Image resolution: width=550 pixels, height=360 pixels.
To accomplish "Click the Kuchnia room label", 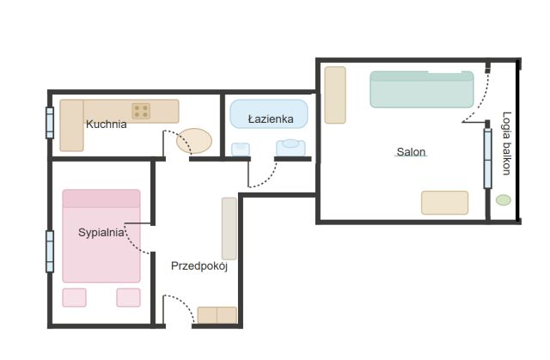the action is pos(107,124).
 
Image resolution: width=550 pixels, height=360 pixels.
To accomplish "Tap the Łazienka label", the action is pos(271,119).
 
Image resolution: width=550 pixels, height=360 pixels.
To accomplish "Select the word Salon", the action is pos(411,152).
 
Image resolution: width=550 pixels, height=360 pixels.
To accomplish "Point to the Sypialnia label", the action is pos(101,232).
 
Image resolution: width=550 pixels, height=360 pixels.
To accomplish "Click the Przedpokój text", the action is pos(199,266).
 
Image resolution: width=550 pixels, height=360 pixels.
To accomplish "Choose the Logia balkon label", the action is pos(506,143).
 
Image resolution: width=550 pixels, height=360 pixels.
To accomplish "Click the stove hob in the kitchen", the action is pos(141,111).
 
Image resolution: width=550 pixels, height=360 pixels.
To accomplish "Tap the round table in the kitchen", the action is pos(194,141).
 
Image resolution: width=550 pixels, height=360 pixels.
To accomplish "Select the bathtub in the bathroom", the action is pos(269,114).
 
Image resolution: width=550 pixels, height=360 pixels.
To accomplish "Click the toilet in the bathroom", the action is pos(290,148).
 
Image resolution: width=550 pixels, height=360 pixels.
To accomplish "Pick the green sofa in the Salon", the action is pos(422,89).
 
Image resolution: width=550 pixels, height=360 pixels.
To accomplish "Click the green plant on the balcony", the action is pos(504,200).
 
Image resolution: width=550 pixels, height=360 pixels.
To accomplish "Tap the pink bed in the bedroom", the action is pos(101,236).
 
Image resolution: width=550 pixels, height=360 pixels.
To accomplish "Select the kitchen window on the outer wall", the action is pos(50,123).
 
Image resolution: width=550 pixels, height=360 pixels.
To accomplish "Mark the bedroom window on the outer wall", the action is pos(50,252).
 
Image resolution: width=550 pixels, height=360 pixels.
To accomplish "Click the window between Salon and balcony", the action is pos(487,158).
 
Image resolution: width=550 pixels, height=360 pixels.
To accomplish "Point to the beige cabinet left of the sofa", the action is pos(335,95).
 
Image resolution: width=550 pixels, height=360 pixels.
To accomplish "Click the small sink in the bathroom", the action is pos(241,149).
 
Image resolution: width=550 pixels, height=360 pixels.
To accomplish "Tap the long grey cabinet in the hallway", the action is pos(229,229).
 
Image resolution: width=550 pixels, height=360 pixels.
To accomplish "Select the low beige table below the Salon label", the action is pos(445,203).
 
